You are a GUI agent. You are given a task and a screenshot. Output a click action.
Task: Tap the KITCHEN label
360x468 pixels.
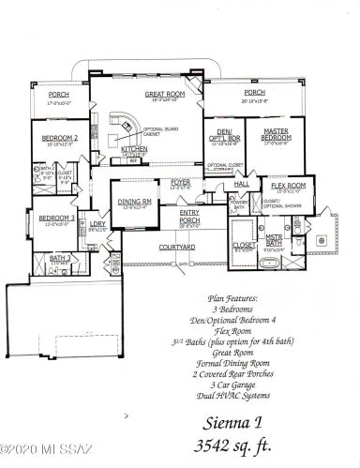coord(133,149)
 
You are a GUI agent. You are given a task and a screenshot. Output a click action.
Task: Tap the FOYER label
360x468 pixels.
coord(181,182)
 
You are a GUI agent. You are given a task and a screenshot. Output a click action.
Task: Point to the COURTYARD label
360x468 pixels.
coord(176,247)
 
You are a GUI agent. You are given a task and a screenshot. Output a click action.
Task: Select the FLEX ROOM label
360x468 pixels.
coord(290,186)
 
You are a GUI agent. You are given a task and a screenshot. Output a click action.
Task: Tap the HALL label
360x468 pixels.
coord(241,187)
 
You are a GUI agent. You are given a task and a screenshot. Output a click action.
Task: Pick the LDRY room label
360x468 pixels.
coord(97,224)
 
